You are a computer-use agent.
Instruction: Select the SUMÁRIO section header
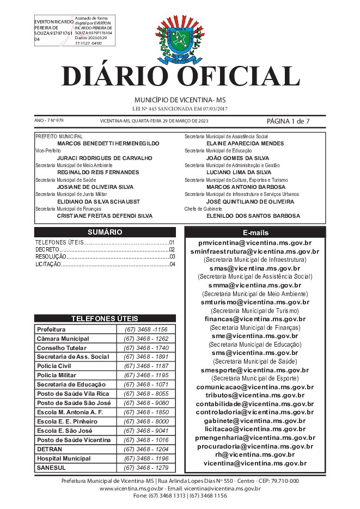tap(105, 232)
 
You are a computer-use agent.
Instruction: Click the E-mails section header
tap(255, 232)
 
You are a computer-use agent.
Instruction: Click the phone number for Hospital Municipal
tap(146, 459)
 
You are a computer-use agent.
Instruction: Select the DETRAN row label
tap(50, 450)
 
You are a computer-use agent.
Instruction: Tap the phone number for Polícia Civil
tap(146, 366)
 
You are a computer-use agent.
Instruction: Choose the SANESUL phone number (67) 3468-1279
tap(146, 468)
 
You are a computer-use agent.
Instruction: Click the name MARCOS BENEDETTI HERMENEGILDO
tap(108, 143)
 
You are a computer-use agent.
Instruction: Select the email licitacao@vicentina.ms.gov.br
tap(255, 430)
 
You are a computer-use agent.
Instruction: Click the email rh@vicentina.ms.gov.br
tap(255, 454)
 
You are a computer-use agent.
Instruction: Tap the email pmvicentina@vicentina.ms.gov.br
tap(255, 243)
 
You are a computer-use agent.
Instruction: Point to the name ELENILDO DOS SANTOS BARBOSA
tap(253, 216)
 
